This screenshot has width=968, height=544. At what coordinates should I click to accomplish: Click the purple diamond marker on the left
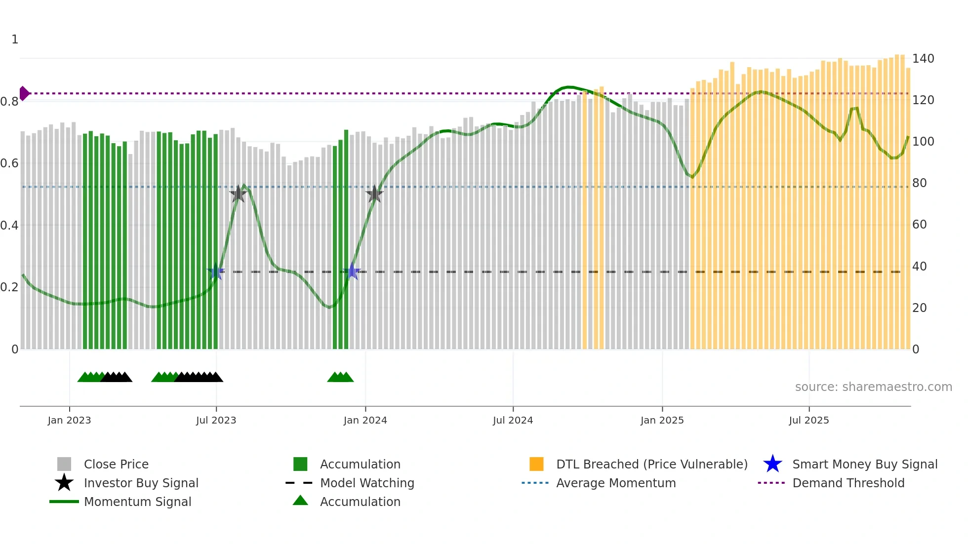click(24, 93)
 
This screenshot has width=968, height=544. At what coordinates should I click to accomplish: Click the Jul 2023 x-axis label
click(216, 421)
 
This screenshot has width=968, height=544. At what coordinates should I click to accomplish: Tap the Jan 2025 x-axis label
click(662, 421)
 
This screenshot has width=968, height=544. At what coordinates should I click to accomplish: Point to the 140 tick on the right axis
click(923, 59)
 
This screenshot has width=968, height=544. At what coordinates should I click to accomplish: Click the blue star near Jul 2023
click(216, 272)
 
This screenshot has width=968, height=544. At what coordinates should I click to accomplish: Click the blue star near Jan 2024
click(352, 272)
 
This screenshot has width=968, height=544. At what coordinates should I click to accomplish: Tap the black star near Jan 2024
click(374, 194)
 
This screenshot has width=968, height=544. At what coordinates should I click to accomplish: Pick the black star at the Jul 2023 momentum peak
click(239, 194)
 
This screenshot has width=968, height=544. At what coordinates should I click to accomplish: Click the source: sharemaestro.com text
click(873, 387)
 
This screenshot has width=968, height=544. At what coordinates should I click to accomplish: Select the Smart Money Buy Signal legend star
click(772, 464)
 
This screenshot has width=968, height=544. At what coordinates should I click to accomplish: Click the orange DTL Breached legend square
click(536, 464)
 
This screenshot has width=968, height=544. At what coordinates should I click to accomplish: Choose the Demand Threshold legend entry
click(848, 483)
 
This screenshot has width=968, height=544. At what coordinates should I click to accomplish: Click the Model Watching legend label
click(367, 483)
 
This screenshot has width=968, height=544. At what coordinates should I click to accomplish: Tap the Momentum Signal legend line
click(64, 502)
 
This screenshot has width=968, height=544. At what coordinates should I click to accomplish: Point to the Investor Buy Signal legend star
click(64, 483)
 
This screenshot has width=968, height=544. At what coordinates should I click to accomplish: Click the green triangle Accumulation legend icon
click(300, 501)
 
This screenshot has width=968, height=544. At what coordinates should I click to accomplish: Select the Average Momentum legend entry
click(615, 483)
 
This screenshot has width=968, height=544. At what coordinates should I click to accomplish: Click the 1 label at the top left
click(15, 39)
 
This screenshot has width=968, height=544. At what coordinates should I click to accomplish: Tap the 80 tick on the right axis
click(919, 183)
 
